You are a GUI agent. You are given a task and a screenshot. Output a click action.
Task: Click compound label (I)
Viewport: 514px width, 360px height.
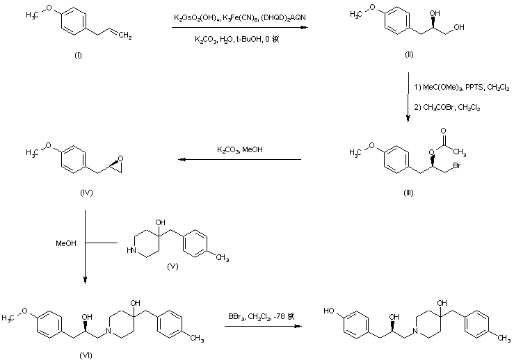[77, 55]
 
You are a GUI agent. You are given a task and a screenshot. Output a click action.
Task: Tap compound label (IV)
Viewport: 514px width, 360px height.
[77, 193]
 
